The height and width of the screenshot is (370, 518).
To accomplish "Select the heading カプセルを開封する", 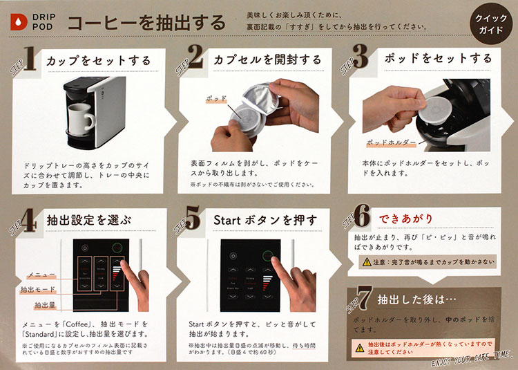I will [x=267, y=60].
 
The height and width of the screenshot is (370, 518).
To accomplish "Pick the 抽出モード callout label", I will [x=39, y=289].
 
